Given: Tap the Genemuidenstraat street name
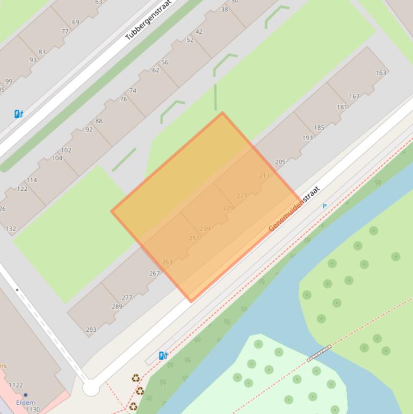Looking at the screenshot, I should [294, 209].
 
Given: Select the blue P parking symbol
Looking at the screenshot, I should [324, 206].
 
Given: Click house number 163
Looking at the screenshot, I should [381, 73].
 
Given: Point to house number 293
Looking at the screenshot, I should [91, 330].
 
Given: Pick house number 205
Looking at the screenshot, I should [280, 162].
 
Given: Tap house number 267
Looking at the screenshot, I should [154, 273].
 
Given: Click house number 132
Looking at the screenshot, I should [11, 229].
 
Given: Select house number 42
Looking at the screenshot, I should [199, 32].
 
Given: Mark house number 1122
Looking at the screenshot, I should [16, 385].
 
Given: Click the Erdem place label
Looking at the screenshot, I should [25, 402].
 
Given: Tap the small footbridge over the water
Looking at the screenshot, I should [318, 353].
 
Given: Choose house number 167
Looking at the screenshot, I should [354, 97].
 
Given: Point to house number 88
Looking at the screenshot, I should [99, 121].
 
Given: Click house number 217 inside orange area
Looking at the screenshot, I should [264, 176].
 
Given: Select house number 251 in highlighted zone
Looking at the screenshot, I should [194, 238].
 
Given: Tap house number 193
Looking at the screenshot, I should [307, 138].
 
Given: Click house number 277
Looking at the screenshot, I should [127, 297].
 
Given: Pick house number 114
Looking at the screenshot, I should [32, 180].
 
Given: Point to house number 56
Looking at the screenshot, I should [164, 62].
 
